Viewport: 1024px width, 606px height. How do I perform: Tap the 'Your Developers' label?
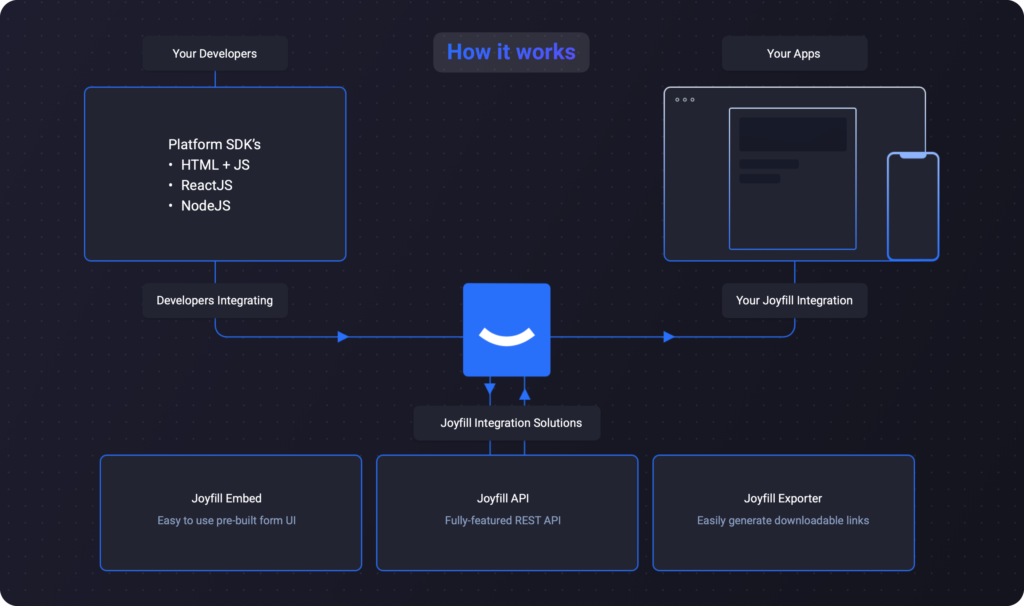pos(215,53)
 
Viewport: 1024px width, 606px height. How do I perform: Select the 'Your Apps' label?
pos(793,53)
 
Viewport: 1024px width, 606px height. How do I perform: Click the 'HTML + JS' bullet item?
pos(215,165)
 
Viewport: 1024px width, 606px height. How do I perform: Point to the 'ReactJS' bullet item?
pos(207,186)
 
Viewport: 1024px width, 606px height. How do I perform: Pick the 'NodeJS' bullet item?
pos(206,206)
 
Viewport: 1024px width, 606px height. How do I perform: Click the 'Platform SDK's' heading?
pos(214,144)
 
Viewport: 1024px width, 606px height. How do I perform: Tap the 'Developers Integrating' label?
pos(215,300)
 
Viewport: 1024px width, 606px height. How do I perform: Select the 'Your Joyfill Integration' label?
pos(794,300)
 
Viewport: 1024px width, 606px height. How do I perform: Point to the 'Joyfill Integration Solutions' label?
pos(511,423)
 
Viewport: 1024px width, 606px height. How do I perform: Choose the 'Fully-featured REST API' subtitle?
pos(503,521)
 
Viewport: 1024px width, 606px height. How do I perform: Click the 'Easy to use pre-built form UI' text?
pos(226,521)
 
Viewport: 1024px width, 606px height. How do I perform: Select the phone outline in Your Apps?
pos(913,206)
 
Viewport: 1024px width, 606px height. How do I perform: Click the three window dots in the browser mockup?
pos(685,100)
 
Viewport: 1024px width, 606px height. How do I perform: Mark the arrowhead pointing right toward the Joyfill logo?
pos(343,337)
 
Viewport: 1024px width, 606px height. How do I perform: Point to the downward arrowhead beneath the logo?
pos(490,389)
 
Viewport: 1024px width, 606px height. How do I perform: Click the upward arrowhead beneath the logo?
pos(524,394)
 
